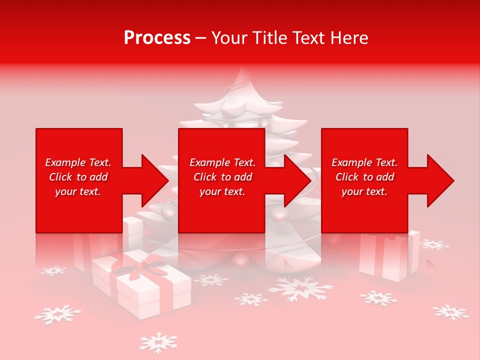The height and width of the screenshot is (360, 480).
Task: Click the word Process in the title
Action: pyautogui.click(x=157, y=38)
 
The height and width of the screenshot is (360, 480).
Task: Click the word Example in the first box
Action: pyautogui.click(x=65, y=162)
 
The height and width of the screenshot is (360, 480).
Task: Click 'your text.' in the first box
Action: pyautogui.click(x=78, y=191)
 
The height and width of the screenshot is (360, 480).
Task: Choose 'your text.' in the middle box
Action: pyautogui.click(x=222, y=191)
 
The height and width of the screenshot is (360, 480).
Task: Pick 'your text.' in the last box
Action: pyautogui.click(x=364, y=191)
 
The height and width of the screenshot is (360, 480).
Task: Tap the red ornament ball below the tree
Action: pyautogui.click(x=241, y=259)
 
